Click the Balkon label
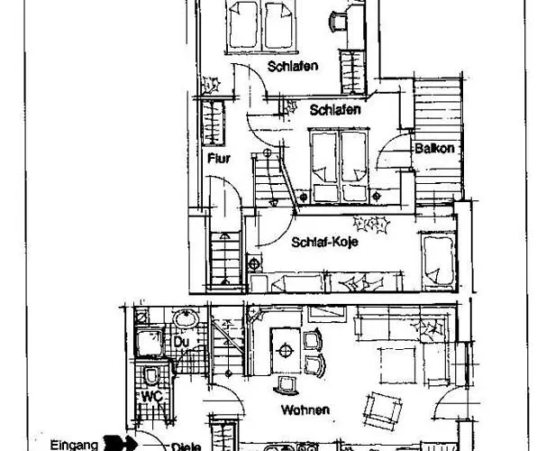point(434,149)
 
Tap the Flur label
point(219,159)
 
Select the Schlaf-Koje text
point(324,242)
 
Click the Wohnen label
point(305,410)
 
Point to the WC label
point(152,396)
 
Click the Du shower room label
point(181,342)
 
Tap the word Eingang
point(74,445)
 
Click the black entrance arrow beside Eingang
point(121,443)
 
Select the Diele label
point(186,446)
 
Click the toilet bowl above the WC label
point(150,375)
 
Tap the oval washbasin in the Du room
point(186,318)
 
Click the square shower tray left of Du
point(149,342)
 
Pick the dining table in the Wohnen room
point(286,350)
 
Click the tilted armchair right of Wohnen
point(382,411)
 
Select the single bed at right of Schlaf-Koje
point(438,260)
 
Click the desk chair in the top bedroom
point(338,22)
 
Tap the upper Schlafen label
point(293,66)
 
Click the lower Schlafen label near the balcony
point(335,110)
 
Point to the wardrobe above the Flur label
point(213,123)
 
